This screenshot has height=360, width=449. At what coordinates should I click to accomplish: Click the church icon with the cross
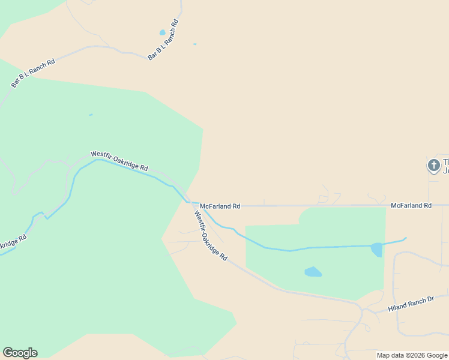433,165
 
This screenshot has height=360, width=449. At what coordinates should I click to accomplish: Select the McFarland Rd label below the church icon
411,205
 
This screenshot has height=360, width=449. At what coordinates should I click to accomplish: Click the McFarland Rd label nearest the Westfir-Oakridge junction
220,206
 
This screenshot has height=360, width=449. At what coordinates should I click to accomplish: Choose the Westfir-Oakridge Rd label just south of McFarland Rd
210,235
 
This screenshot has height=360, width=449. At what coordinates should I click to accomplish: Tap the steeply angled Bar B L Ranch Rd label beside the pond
164,40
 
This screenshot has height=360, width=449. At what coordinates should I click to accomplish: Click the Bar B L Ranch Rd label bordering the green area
33,73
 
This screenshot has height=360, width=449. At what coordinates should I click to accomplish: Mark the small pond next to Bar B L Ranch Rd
162,32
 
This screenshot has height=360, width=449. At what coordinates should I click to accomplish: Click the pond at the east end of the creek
376,249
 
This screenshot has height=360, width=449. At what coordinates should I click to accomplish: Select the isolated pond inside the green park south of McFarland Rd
313,272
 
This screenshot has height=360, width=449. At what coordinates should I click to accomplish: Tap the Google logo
20,353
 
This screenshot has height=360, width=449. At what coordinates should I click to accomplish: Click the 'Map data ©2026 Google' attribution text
412,355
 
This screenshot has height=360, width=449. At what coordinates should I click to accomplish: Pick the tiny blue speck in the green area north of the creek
91,115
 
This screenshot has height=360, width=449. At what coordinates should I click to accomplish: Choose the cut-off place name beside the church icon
445,166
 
